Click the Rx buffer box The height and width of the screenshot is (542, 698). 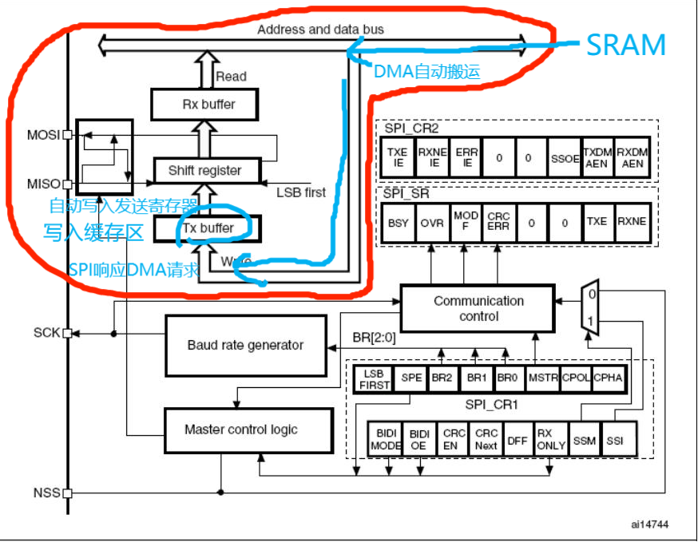click(204, 104)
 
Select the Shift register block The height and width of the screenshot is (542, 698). click(208, 170)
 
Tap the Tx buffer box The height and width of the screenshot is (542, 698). click(205, 228)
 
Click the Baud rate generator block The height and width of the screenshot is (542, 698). click(245, 345)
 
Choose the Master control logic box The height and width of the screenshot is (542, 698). click(241, 429)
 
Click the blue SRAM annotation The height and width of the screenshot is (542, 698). click(625, 45)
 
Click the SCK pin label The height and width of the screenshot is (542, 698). click(46, 332)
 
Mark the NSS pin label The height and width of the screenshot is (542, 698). click(46, 493)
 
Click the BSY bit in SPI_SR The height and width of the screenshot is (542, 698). click(398, 223)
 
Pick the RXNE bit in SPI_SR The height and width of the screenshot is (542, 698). click(630, 223)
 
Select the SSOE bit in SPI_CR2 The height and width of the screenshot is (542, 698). click(565, 158)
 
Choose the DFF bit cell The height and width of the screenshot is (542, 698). click(517, 439)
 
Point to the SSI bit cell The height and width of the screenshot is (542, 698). click(615, 439)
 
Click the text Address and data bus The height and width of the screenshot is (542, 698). click(320, 30)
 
